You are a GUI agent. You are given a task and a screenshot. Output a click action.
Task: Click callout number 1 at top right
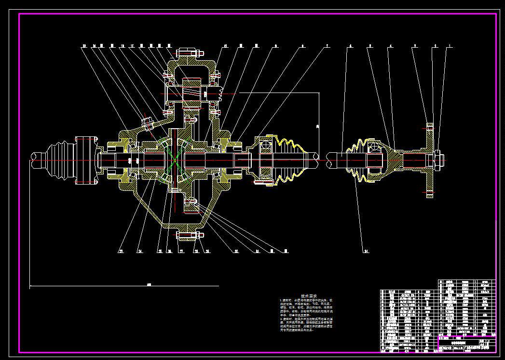[x=450, y=46]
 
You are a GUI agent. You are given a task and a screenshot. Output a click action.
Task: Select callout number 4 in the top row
[x=391, y=46]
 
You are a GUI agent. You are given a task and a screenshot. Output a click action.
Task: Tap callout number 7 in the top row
[x=327, y=46]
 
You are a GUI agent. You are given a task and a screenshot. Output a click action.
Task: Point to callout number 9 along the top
[x=276, y=46]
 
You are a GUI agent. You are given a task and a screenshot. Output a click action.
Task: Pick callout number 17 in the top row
[x=131, y=46]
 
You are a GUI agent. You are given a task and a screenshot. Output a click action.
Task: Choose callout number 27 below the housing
[x=181, y=251]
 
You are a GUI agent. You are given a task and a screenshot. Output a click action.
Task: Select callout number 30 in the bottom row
[x=236, y=251]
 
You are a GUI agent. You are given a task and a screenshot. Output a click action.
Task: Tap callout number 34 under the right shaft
[x=366, y=251]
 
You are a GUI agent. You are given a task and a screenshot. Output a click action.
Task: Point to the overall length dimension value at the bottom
[x=149, y=285]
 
